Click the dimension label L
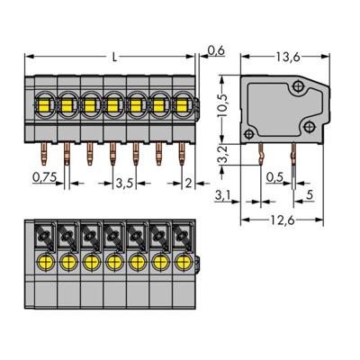tap(114, 57)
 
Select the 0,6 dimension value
tap(215, 50)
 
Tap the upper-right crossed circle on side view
tap(298, 86)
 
